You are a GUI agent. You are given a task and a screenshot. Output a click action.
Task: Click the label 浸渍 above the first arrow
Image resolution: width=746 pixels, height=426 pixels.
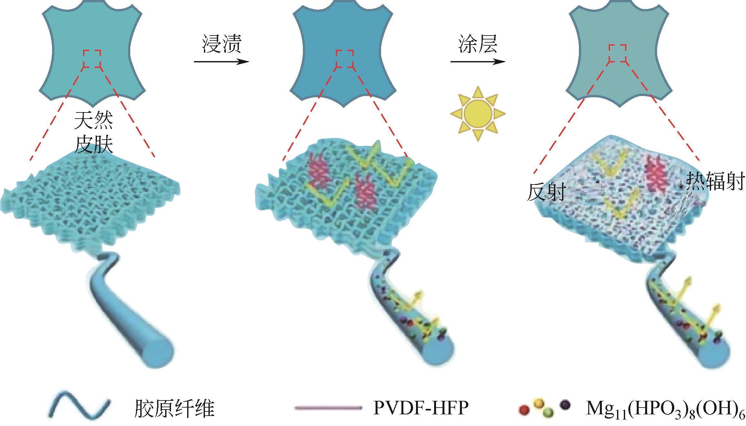tap(222, 45)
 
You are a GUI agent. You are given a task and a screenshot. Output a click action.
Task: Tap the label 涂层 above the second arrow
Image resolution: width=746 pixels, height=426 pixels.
tap(477, 45)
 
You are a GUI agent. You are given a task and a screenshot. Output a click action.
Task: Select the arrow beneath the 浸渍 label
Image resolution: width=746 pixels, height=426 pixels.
tap(222, 62)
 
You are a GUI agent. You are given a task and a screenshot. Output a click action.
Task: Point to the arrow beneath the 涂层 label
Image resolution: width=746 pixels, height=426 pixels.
tap(478, 62)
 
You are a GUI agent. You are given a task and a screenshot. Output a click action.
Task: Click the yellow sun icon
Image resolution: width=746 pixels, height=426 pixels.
tap(478, 113)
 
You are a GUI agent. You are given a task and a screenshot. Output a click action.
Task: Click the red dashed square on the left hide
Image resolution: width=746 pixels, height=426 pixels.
tap(92, 59)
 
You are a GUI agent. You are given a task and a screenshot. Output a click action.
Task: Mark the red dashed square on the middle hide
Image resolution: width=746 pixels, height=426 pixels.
tap(345, 59)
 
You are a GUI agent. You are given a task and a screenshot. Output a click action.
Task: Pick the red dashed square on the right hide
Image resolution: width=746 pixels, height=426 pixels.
tap(617, 53)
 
